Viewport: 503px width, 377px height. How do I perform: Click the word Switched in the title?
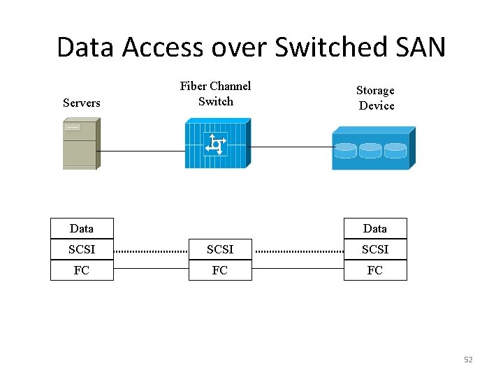pyautogui.click(x=331, y=47)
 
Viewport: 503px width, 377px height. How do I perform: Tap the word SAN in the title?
pyautogui.click(x=418, y=47)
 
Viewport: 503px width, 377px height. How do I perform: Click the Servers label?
pyautogui.click(x=81, y=103)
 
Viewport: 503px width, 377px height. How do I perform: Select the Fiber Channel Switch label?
pyautogui.click(x=215, y=94)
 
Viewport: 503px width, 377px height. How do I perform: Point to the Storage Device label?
pyautogui.click(x=376, y=98)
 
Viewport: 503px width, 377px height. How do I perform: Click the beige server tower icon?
pyautogui.click(x=80, y=144)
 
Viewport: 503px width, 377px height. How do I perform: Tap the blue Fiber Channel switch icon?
pyautogui.click(x=216, y=145)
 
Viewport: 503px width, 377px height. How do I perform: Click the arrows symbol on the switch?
pyautogui.click(x=215, y=145)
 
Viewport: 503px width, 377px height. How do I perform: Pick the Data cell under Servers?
pyautogui.click(x=82, y=228)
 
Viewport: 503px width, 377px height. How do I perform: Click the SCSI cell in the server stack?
pyautogui.click(x=82, y=249)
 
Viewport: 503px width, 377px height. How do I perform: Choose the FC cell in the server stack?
pyautogui.click(x=82, y=270)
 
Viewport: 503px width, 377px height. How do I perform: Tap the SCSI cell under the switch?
pyautogui.click(x=220, y=249)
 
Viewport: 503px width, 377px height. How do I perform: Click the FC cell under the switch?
pyautogui.click(x=220, y=270)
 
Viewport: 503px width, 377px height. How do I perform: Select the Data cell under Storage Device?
pyautogui.click(x=375, y=228)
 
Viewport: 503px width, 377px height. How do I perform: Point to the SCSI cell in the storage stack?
pyautogui.click(x=375, y=249)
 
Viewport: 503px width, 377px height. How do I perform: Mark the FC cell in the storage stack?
pyautogui.click(x=375, y=270)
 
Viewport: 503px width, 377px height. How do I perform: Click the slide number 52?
pyautogui.click(x=468, y=360)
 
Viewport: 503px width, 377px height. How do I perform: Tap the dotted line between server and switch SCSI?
pyautogui.click(x=151, y=250)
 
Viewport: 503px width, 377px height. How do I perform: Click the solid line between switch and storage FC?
pyautogui.click(x=297, y=269)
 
